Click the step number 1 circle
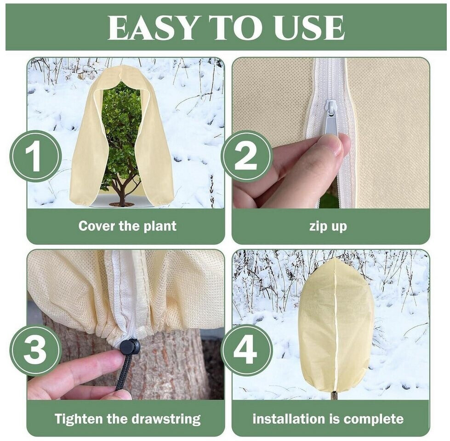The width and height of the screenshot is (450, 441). pos(35,156)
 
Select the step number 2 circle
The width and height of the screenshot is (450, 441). pos(247,156)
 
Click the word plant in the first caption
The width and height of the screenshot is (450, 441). pos(160,226)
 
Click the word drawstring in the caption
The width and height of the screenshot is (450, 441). pos(165,419)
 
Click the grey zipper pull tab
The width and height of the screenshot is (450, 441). pos(331,117)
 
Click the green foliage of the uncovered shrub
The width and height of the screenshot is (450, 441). pos(121,126)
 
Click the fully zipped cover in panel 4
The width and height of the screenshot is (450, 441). pos(336,324)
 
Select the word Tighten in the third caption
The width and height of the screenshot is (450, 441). pos(78,419)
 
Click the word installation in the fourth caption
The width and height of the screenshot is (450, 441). pos(289,419)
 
